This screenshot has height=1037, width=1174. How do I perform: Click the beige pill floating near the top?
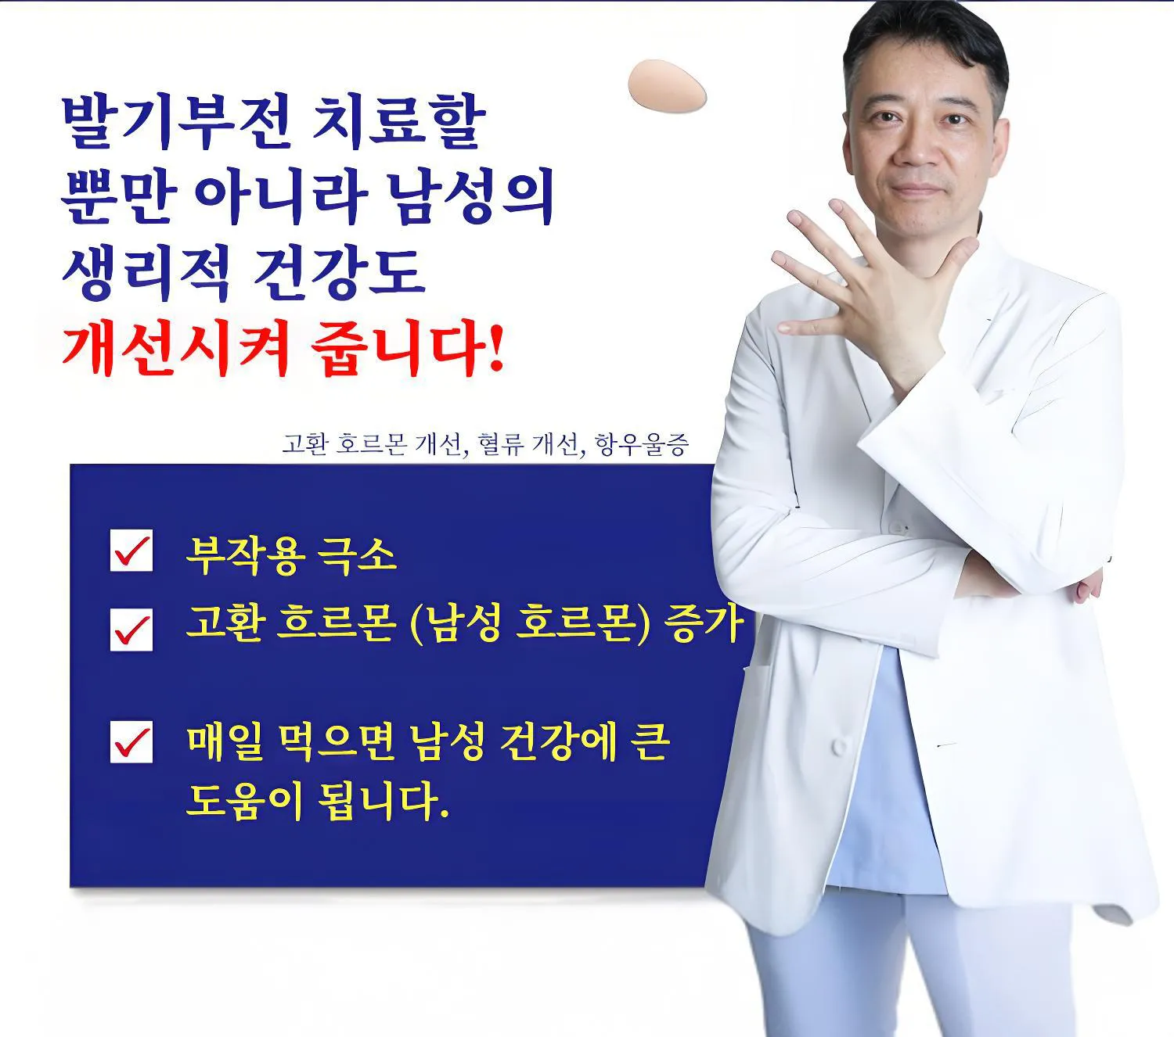point(667,86)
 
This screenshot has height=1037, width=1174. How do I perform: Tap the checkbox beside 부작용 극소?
point(131,551)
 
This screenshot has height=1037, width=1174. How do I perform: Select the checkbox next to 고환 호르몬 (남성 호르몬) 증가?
point(131,629)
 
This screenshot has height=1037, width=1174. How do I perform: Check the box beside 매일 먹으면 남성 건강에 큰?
point(131,741)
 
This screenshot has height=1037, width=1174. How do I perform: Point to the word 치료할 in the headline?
point(398,122)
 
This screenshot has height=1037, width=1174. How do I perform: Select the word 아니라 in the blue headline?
point(281,196)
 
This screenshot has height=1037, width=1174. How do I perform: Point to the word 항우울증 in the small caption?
point(642,444)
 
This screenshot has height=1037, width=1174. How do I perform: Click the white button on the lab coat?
point(838,746)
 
